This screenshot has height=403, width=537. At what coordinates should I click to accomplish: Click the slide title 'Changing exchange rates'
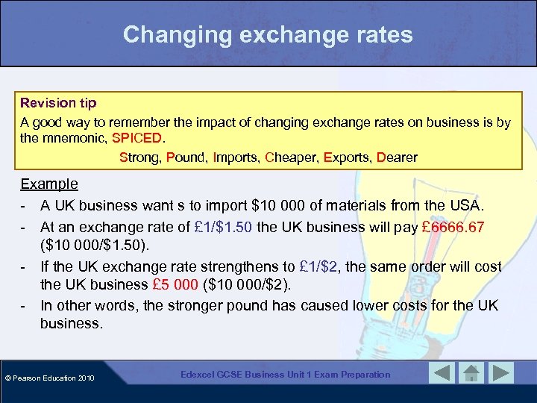[268, 34]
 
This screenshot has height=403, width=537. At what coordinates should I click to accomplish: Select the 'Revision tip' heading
[58, 102]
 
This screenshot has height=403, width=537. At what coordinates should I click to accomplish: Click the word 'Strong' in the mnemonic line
[140, 157]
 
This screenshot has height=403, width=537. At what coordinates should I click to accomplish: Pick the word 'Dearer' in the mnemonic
[397, 157]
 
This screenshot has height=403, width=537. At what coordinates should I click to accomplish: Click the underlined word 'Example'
[49, 184]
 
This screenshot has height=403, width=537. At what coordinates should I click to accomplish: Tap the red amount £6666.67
[456, 225]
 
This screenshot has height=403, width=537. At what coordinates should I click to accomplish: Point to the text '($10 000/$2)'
[254, 284]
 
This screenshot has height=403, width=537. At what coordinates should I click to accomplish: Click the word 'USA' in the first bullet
[467, 204]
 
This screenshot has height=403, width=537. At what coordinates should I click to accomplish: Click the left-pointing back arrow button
[442, 373]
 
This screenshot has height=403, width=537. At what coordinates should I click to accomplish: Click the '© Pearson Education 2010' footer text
[48, 378]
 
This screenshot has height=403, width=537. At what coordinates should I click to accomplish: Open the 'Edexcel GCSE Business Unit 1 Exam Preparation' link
[285, 374]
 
